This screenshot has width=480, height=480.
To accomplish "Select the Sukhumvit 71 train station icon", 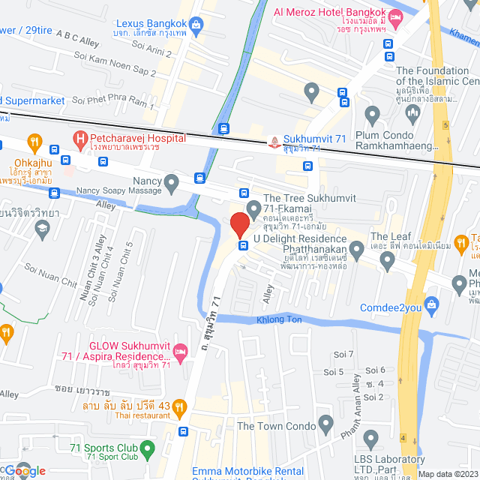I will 275,140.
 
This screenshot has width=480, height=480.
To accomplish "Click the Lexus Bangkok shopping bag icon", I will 196,25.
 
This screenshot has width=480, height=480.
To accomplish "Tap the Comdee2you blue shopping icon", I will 431,304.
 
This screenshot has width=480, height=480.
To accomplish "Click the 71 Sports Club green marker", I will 148,449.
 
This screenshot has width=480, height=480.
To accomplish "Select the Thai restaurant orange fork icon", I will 179,408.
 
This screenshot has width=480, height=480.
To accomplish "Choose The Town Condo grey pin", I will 325,425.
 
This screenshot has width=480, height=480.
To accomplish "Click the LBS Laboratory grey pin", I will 370,438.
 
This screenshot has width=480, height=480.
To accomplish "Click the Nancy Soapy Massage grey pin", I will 172,182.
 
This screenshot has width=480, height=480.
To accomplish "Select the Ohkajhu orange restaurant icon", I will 34,142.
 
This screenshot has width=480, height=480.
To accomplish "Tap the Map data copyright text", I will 447,473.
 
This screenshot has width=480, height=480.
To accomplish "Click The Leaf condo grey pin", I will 387,260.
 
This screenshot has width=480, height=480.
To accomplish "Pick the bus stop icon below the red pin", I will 243,245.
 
